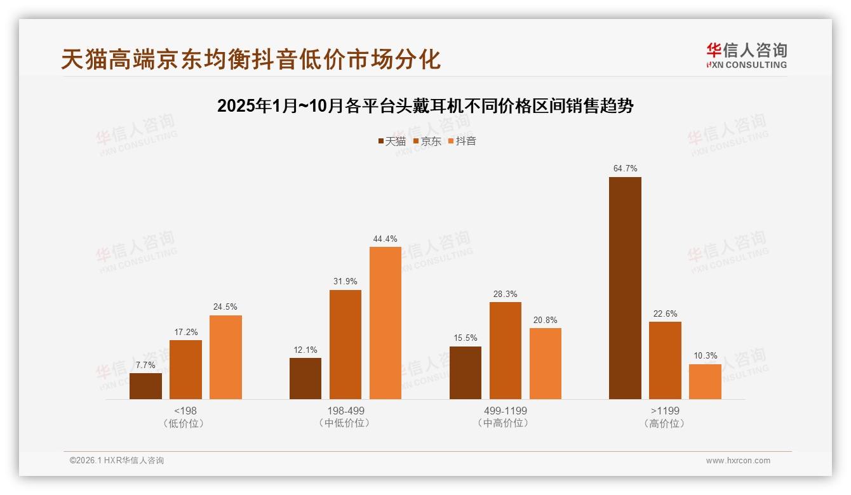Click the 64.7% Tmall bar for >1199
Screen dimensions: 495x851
click(625, 288)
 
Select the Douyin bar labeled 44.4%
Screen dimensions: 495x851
click(385, 323)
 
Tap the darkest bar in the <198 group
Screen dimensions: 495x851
click(145, 386)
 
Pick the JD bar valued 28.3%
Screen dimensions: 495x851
click(506, 350)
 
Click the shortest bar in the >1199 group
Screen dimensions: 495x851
click(705, 381)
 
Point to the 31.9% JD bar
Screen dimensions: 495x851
click(345, 345)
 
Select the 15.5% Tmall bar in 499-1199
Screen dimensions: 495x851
click(466, 373)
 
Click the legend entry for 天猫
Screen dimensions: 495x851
click(392, 141)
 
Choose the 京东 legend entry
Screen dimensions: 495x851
click(427, 141)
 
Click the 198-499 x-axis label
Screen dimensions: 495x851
click(345, 411)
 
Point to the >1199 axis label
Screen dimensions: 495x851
click(664, 411)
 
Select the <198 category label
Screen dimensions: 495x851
click(185, 411)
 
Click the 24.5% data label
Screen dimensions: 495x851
click(225, 307)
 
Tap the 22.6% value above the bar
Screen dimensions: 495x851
click(665, 313)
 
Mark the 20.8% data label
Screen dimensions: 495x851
click(546, 320)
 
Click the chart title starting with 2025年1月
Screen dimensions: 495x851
click(425, 106)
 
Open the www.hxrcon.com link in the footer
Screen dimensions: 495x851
click(738, 461)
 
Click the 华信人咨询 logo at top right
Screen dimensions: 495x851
click(746, 55)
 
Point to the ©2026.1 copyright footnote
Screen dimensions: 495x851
click(117, 461)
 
